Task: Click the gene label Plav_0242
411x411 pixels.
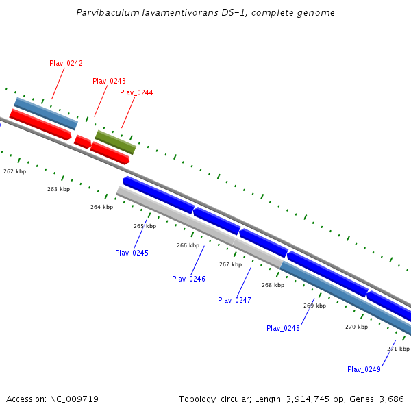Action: pyautogui.click(x=66, y=63)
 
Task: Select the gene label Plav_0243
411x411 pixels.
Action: pyautogui.click(x=109, y=81)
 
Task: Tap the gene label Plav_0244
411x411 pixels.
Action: pyautogui.click(x=136, y=92)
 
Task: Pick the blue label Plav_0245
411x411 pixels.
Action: pyautogui.click(x=132, y=253)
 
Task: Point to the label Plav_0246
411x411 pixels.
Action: pyautogui.click(x=188, y=279)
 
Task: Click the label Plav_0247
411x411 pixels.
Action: pyautogui.click(x=234, y=300)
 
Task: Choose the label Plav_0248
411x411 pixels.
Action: pyautogui.click(x=283, y=328)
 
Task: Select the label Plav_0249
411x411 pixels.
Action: pyautogui.click(x=364, y=369)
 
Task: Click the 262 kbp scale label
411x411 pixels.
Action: pyautogui.click(x=14, y=171)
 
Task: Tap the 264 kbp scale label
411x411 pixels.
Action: pyautogui.click(x=101, y=207)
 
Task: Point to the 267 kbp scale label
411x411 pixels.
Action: pyautogui.click(x=230, y=264)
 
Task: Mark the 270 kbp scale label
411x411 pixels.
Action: pyautogui.click(x=356, y=327)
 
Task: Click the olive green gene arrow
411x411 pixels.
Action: pyautogui.click(x=115, y=142)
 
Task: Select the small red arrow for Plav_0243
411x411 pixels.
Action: pyautogui.click(x=82, y=142)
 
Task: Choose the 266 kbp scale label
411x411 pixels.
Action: pyautogui.click(x=188, y=245)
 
